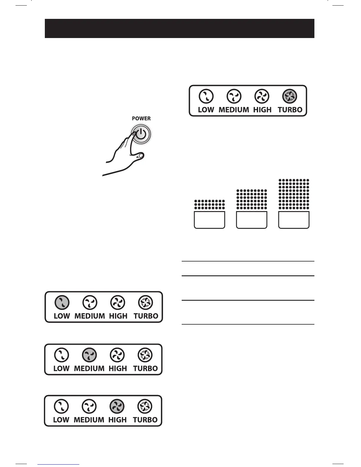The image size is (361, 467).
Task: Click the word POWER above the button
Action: [x=141, y=119]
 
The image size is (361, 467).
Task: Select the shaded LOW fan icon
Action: [x=62, y=302]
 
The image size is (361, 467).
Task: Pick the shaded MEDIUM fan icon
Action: [x=89, y=355]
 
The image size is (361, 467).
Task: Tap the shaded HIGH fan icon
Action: [x=117, y=407]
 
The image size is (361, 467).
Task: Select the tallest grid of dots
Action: [x=294, y=194]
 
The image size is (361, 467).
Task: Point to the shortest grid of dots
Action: [x=209, y=205]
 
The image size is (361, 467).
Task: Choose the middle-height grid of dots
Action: [x=252, y=199]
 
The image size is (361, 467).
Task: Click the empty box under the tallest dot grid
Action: [x=294, y=220]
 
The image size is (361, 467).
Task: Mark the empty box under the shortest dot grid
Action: [x=209, y=220]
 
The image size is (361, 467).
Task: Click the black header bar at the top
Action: [x=179, y=28]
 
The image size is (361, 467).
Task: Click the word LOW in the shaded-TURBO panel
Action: [x=206, y=110]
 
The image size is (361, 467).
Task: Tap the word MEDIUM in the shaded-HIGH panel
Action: [x=89, y=420]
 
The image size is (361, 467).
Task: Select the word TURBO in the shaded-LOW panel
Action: [x=146, y=316]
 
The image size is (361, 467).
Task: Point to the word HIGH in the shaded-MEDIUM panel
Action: [x=117, y=369]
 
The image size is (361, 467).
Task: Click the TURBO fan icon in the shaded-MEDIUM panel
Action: [x=145, y=355]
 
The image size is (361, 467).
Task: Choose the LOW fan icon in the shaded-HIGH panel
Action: [x=61, y=407]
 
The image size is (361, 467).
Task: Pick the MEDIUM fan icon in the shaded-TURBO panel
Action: [x=234, y=96]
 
